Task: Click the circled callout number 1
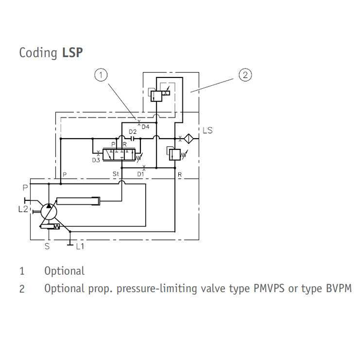101,75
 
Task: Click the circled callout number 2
244,75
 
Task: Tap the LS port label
208,130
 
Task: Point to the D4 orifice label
145,126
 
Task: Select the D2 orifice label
133,132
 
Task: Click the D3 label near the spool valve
96,160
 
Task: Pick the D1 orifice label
140,173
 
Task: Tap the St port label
116,173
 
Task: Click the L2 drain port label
23,208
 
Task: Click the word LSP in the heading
73,52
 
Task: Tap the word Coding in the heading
39,53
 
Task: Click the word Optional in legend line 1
64,271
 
